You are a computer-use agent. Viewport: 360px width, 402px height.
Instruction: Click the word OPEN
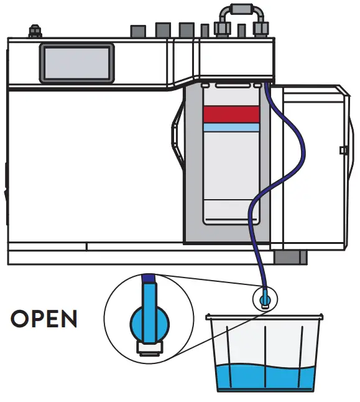tap(44, 319)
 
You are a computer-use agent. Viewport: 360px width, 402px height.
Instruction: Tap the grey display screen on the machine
tap(77, 63)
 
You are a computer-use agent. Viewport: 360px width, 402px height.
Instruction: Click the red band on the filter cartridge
tap(231, 113)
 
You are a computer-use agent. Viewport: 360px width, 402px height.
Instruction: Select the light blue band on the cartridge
tap(231, 127)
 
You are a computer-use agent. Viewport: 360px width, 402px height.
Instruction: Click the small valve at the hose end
tap(265, 298)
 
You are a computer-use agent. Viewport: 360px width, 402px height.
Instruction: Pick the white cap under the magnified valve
tap(149, 347)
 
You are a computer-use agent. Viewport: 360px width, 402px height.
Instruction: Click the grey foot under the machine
tap(291, 257)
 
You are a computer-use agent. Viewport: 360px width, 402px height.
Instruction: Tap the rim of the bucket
tap(265, 318)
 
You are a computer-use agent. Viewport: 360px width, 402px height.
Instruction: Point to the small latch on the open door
tap(343, 150)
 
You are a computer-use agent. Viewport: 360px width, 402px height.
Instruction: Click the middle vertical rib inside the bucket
tap(265, 355)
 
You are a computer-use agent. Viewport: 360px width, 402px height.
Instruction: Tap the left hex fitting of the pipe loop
tap(221, 27)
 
